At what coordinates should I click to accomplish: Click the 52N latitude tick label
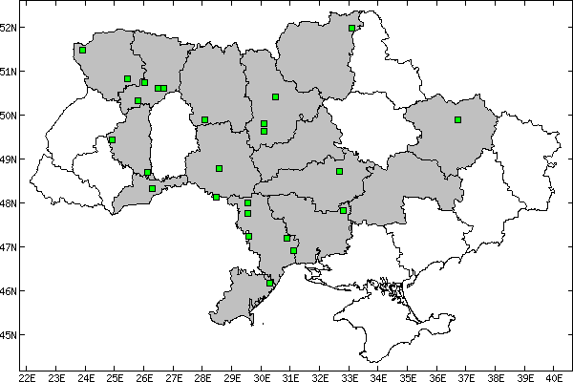[x=10, y=27]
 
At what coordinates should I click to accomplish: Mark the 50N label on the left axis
[x=10, y=116]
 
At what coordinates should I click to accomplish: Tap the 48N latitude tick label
[x=10, y=203]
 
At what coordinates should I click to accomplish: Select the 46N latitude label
[x=10, y=291]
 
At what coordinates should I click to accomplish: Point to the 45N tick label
[x=10, y=335]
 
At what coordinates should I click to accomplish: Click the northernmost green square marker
[x=352, y=29]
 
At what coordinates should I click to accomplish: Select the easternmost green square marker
[x=458, y=120]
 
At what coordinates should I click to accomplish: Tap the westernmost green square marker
[x=83, y=50]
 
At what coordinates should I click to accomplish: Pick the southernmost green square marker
[x=270, y=283]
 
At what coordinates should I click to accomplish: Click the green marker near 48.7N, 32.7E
[x=339, y=172]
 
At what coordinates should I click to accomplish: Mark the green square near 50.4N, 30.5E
[x=275, y=96]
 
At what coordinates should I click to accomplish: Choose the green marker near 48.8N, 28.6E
[x=220, y=168]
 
